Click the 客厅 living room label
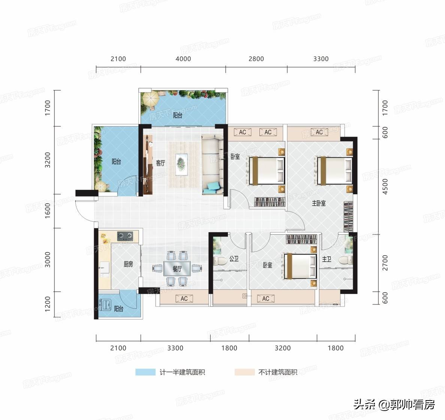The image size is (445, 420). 160,163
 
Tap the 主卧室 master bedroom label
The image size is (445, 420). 319,203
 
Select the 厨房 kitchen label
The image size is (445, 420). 128,264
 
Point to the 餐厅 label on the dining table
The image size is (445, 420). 177,269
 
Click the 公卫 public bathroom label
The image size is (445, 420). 234,259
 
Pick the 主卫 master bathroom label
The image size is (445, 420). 327,259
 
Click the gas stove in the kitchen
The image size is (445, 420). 125,235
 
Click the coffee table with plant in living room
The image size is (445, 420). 181,164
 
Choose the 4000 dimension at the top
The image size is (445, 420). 183,59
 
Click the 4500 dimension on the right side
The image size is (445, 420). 385,186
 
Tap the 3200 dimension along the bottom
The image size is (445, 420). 283,348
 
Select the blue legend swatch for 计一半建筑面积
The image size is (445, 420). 145,372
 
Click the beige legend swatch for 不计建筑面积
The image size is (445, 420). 245,372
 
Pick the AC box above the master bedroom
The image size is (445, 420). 319,132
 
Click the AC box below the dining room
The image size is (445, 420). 184,298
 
